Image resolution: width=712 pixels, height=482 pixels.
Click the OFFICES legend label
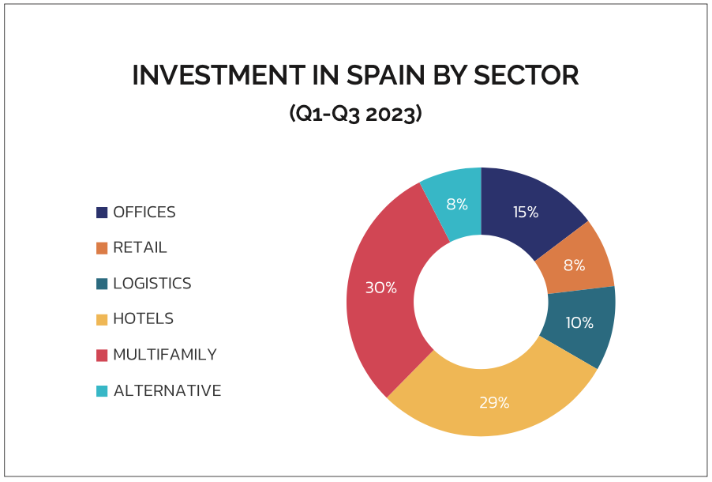pyautogui.click(x=144, y=213)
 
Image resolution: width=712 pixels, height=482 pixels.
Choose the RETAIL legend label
pyautogui.click(x=140, y=248)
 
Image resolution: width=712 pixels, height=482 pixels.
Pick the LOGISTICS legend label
pyautogui.click(x=152, y=284)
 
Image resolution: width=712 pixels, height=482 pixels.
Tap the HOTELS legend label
pyautogui.click(x=143, y=319)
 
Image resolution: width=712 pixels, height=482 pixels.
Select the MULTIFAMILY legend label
pyautogui.click(x=164, y=355)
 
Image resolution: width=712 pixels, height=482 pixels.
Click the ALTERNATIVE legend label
pyautogui.click(x=167, y=390)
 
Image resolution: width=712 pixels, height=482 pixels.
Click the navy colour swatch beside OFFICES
pyautogui.click(x=102, y=213)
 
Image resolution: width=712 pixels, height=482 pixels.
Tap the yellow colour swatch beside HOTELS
pyautogui.click(x=102, y=319)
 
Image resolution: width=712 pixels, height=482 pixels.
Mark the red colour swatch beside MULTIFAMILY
pyautogui.click(x=102, y=355)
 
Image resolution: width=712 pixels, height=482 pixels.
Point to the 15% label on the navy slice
pyautogui.click(x=526, y=212)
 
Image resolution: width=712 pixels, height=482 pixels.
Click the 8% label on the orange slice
pyautogui.click(x=574, y=265)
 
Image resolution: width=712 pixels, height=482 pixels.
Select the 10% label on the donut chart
pyautogui.click(x=579, y=322)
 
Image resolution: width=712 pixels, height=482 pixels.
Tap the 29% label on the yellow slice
pyautogui.click(x=494, y=402)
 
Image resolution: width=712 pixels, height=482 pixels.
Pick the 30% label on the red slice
pyautogui.click(x=380, y=288)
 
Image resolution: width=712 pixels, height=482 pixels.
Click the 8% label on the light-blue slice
pyautogui.click(x=457, y=204)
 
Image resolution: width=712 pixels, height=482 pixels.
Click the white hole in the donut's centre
pyautogui.click(x=481, y=302)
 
